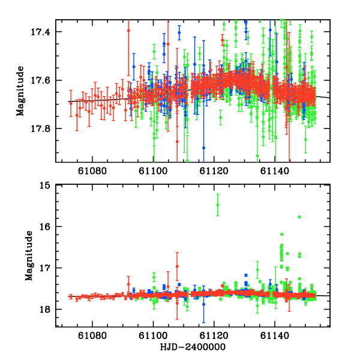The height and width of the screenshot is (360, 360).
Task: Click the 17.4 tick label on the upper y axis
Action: coord(44,31)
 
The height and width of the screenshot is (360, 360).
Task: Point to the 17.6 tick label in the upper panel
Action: coord(44,80)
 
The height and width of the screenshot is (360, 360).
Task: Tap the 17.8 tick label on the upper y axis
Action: coord(44,128)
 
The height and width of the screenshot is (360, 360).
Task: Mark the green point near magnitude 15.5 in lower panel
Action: coord(218,205)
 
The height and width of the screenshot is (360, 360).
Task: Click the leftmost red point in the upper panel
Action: coord(70,103)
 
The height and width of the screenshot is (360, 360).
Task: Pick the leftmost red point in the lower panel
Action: coord(70,296)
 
